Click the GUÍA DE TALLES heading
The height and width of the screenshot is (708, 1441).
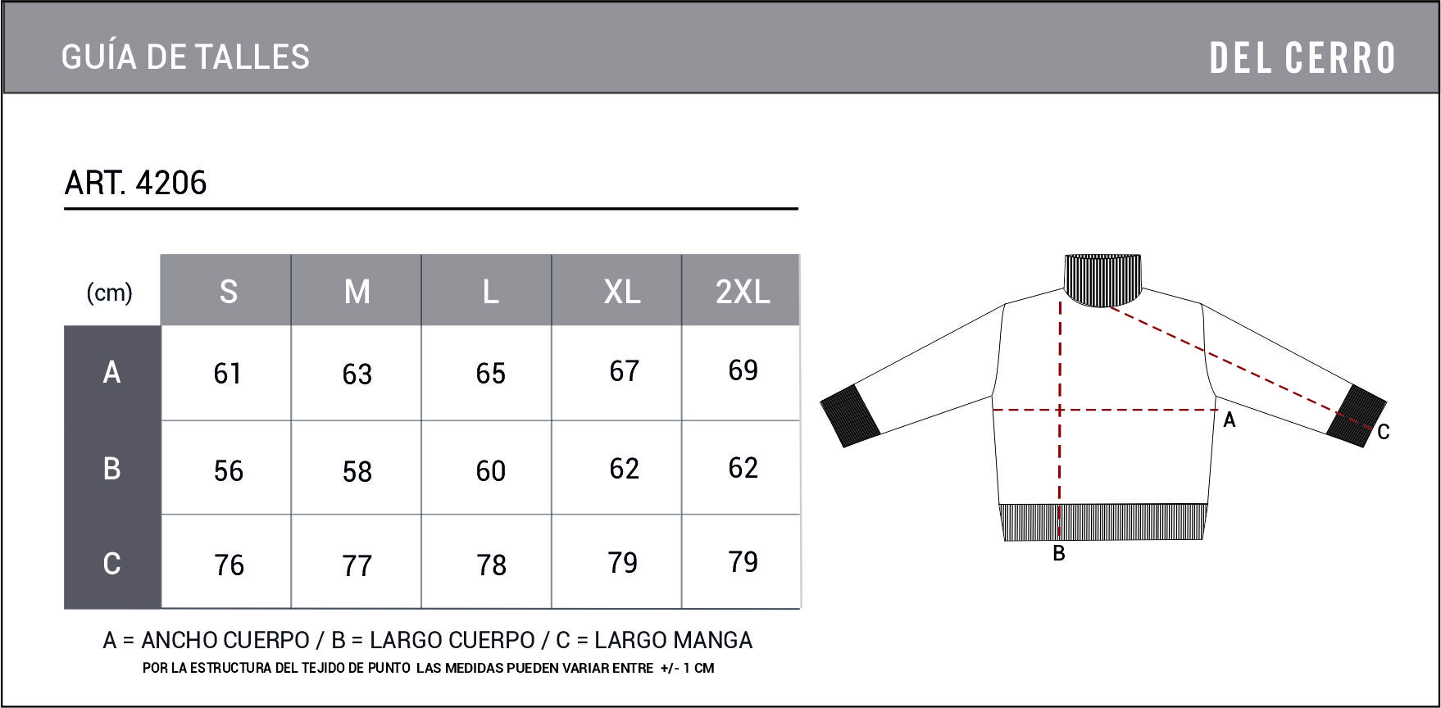click(x=185, y=57)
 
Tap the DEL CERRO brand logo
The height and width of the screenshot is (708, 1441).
click(x=1302, y=58)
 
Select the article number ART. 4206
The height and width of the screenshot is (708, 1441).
click(x=135, y=183)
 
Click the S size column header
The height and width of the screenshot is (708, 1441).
click(x=228, y=291)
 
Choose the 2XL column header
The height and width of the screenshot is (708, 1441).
click(x=743, y=291)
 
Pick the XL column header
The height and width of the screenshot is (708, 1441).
click(x=622, y=291)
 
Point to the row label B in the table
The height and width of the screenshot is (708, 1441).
click(x=112, y=468)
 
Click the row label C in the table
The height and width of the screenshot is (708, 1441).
click(x=112, y=563)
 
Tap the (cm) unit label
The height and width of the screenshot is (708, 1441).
click(x=109, y=293)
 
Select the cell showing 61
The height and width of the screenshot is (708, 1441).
click(x=227, y=374)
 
